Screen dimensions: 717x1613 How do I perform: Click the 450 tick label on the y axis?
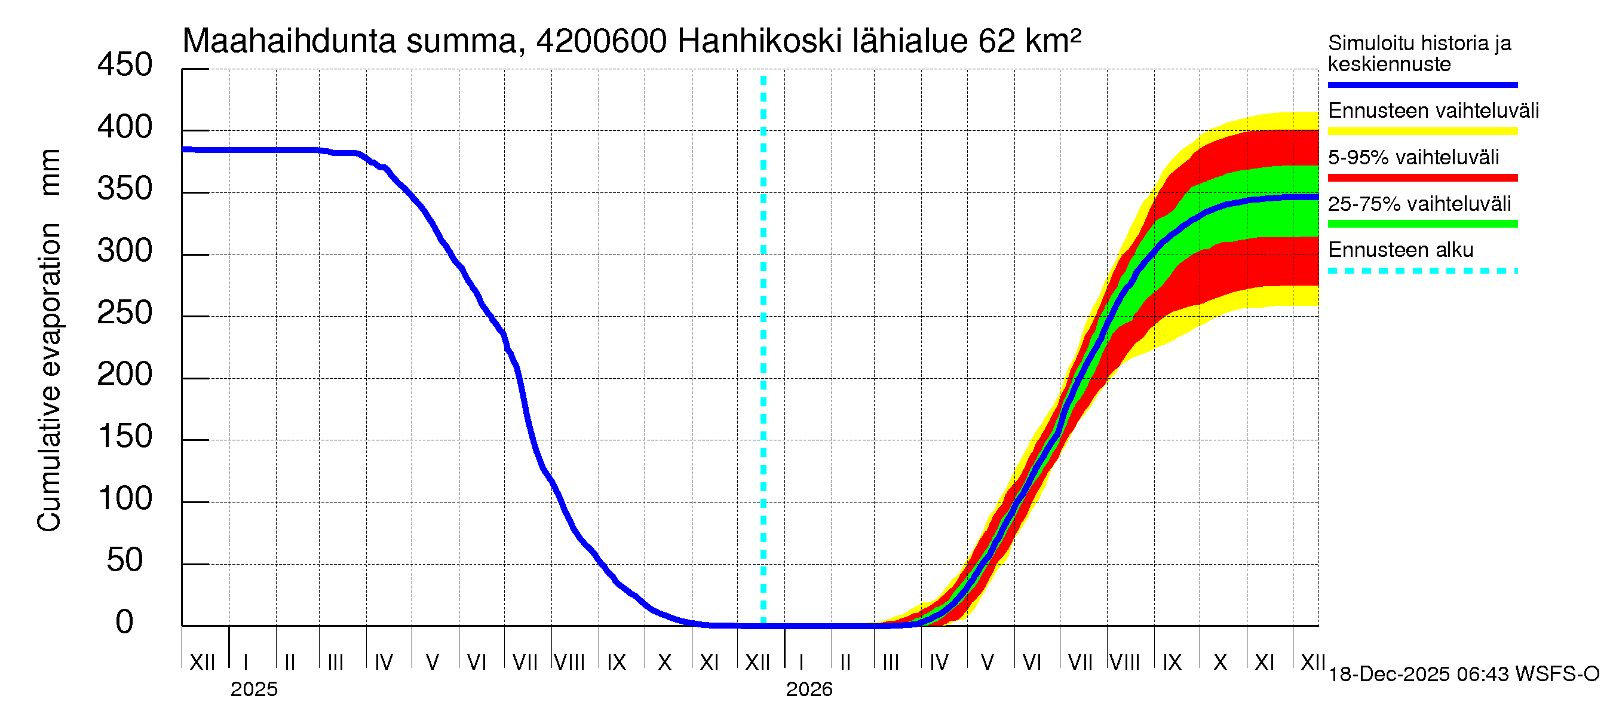coord(125,65)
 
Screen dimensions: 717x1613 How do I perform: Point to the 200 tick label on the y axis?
coord(125,375)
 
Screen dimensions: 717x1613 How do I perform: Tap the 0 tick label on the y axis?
coord(125,623)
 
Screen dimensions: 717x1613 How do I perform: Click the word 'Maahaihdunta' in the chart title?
coord(289,41)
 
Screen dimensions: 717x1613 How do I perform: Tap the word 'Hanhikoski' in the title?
coord(759,41)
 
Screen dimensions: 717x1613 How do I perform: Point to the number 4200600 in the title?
coord(602,41)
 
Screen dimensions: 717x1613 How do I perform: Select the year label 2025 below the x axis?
coord(253,690)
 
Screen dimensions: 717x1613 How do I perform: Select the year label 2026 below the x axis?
coord(809,690)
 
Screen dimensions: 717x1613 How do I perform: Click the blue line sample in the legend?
coord(1422,84)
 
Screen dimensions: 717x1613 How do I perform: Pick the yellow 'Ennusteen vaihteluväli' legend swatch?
coord(1422,131)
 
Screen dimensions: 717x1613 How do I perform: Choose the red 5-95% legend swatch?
coord(1422,178)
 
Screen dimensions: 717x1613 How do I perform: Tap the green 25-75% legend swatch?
coord(1422,224)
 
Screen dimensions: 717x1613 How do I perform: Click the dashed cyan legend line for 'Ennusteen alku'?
coord(1422,271)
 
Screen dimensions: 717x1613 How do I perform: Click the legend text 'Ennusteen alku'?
coord(1400,250)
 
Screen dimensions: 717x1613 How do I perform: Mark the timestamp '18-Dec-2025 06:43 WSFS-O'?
coord(1463,675)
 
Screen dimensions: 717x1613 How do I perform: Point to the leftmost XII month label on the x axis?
coord(202,663)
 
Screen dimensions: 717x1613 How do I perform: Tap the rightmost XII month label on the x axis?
coord(1313,663)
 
